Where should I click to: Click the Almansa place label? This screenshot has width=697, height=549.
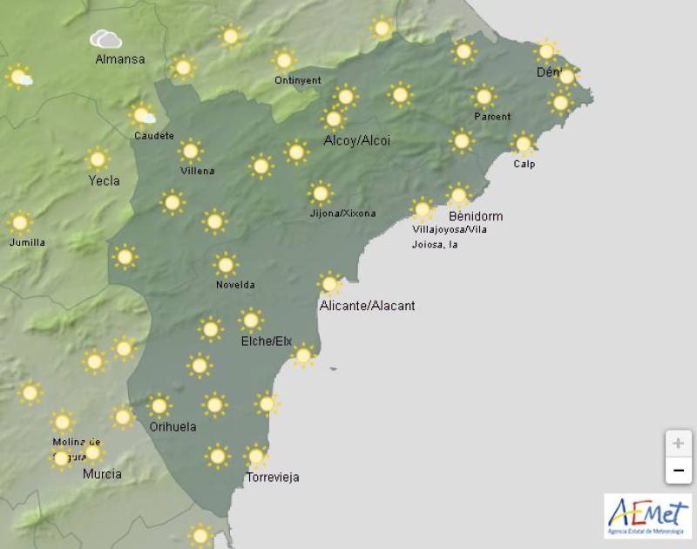pyautogui.click(x=120, y=59)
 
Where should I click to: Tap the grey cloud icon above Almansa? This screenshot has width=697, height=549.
pyautogui.click(x=105, y=39)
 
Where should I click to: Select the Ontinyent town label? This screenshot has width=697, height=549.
pyautogui.click(x=297, y=80)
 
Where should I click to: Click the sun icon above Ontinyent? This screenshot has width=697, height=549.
pyautogui.click(x=283, y=60)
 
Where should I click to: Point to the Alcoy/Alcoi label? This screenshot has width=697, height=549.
pyautogui.click(x=356, y=140)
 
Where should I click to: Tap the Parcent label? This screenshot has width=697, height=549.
pyautogui.click(x=492, y=117)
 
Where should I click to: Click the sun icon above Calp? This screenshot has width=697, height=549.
pyautogui.click(x=523, y=144)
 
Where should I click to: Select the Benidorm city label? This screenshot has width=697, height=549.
pyautogui.click(x=475, y=216)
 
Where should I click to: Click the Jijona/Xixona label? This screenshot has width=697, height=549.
pyautogui.click(x=343, y=213)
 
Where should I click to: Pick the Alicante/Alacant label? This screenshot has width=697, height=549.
pyautogui.click(x=368, y=306)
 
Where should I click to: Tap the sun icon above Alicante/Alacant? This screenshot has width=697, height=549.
pyautogui.click(x=329, y=283)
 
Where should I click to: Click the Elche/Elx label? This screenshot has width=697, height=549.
pyautogui.click(x=267, y=341)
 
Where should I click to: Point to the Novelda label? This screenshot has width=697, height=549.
pyautogui.click(x=235, y=285)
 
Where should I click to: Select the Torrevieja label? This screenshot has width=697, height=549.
pyautogui.click(x=272, y=477)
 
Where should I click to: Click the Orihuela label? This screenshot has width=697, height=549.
pyautogui.click(x=173, y=427)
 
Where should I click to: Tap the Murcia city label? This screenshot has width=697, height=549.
pyautogui.click(x=102, y=474)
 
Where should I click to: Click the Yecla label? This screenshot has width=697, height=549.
pyautogui.click(x=105, y=181)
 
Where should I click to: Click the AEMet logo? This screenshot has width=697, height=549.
pyautogui.click(x=647, y=514)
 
